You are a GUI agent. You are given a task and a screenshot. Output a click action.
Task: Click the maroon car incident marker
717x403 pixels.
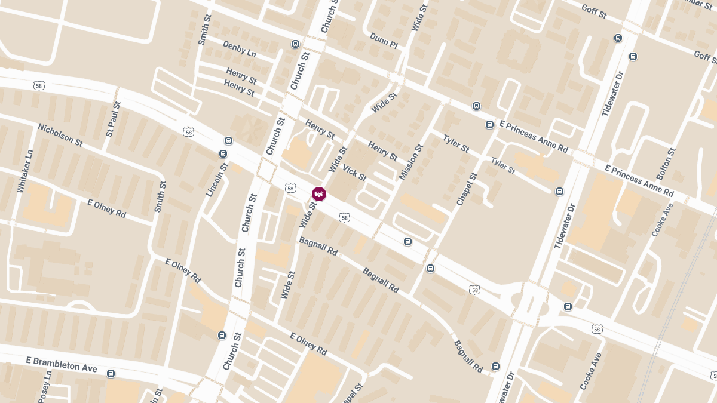point(319,194)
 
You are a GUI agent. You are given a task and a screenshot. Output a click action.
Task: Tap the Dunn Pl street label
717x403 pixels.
point(384,40)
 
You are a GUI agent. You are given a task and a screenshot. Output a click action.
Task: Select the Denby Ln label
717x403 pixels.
point(239,48)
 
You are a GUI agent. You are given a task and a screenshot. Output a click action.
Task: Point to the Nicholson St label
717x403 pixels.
point(60,134)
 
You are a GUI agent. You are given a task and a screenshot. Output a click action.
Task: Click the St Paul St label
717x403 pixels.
point(113,119)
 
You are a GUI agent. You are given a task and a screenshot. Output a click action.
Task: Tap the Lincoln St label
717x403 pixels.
point(217,179)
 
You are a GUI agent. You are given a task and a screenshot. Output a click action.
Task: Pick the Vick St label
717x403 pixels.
point(354,173)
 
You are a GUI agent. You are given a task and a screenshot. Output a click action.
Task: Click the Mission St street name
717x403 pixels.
point(411,162)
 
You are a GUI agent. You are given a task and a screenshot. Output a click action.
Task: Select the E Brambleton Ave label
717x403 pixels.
point(62,364)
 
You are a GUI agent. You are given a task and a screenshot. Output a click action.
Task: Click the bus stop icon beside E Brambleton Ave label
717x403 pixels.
point(111,374)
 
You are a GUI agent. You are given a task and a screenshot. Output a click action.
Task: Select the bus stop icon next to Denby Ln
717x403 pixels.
point(295,44)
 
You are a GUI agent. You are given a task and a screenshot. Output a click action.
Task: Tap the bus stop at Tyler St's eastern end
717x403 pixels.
point(559,192)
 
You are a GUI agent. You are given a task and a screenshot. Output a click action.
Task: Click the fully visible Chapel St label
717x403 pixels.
point(467,189)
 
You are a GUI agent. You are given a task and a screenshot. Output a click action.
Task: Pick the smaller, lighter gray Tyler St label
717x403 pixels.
point(503,166)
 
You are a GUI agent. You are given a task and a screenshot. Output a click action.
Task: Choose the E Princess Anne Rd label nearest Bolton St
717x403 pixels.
point(639,181)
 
